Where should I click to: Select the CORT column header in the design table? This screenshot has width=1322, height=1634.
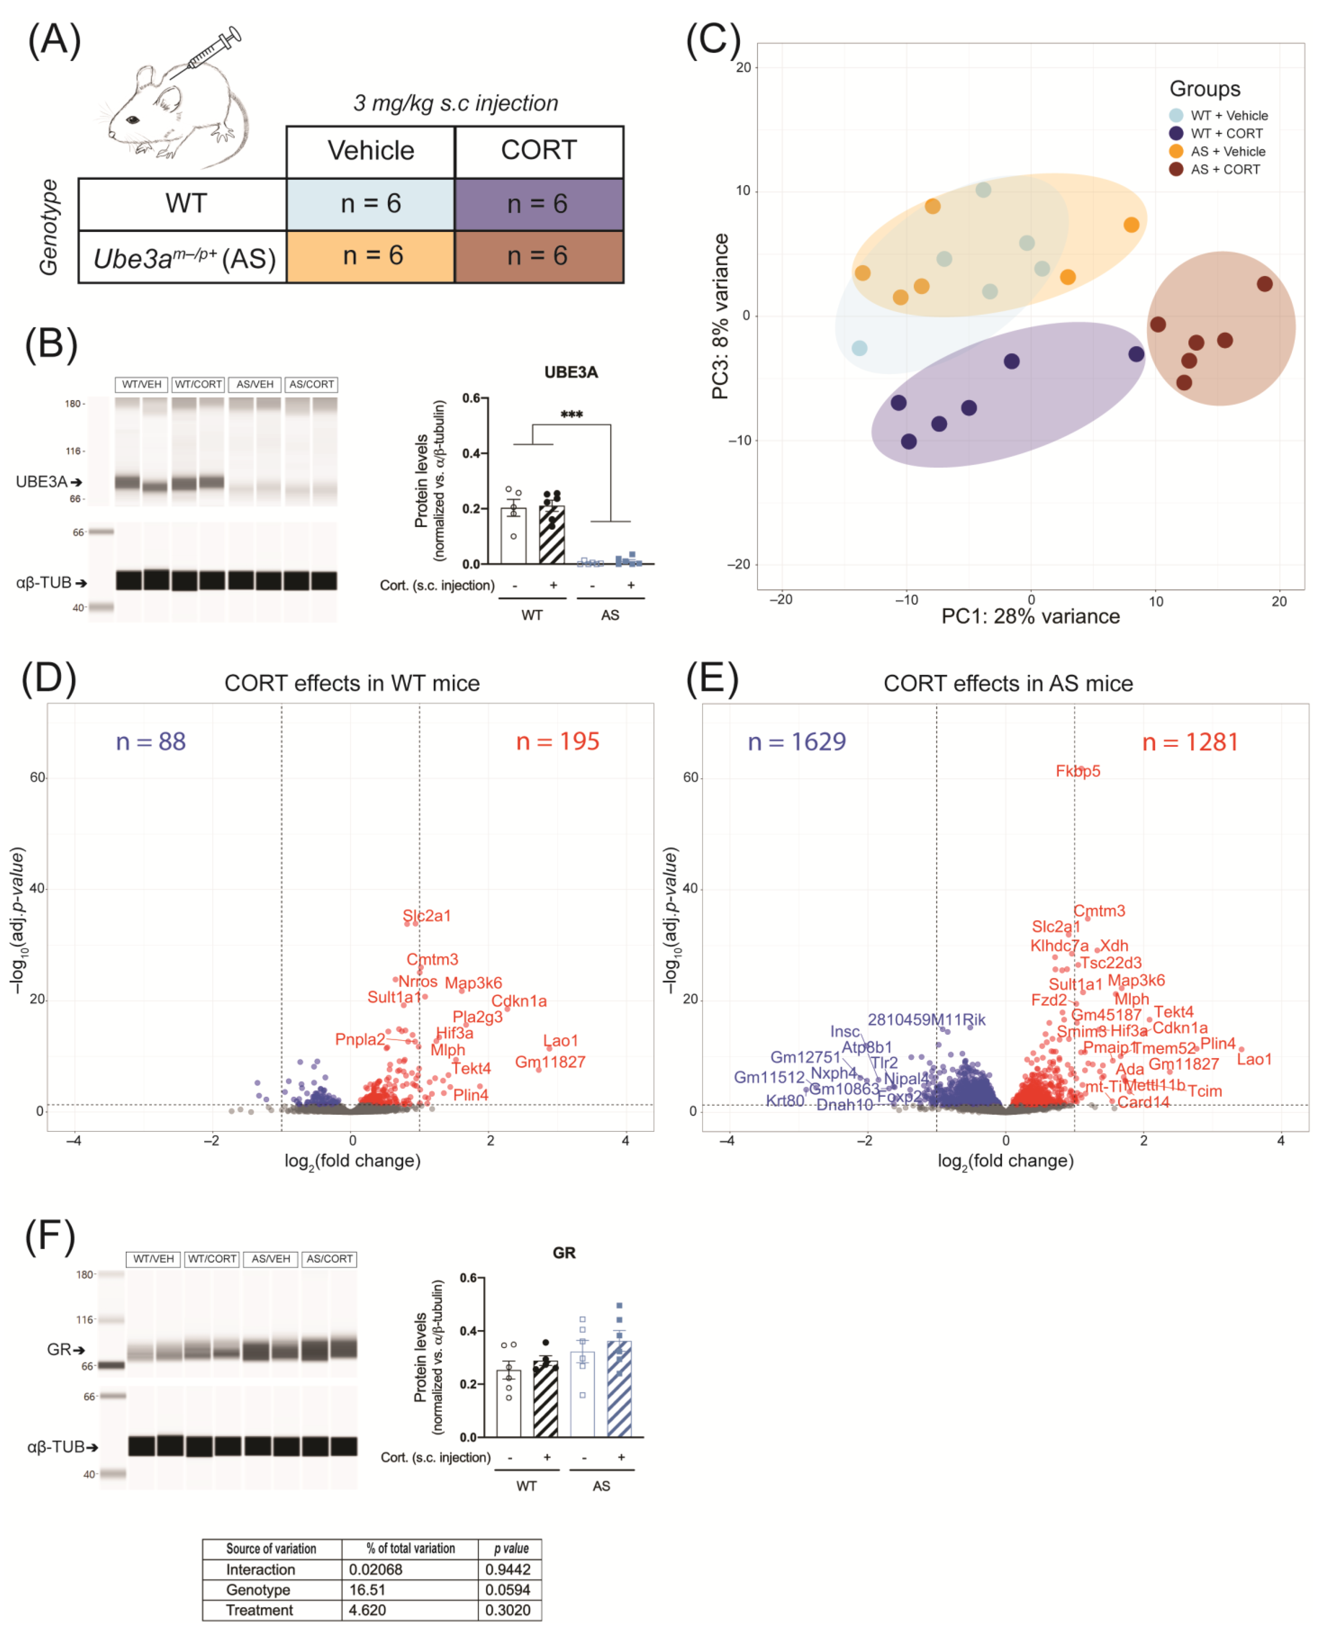coord(538,151)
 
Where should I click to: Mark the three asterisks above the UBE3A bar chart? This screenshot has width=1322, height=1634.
coord(571,415)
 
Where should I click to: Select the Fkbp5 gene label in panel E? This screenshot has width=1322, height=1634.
coord(1078,771)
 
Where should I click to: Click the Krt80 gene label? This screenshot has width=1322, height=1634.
coord(784,1101)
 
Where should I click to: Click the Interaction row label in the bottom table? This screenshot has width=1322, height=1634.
coord(260,1569)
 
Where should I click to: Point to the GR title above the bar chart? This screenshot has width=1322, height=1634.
coord(564,1253)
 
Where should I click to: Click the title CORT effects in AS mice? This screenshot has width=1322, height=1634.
coord(1008,684)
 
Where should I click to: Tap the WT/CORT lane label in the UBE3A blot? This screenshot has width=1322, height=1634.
coord(198,384)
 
